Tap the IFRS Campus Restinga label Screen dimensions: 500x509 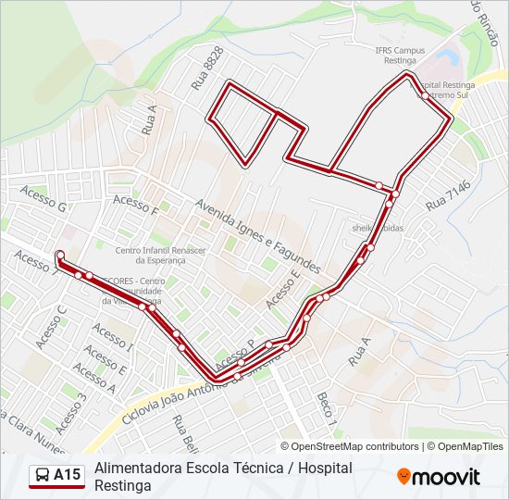[399, 55]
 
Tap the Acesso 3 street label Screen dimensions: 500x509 [70, 413]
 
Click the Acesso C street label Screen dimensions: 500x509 [51, 327]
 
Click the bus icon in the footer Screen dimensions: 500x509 [42, 476]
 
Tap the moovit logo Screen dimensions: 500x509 [439, 477]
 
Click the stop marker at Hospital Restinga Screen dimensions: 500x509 [423, 94]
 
